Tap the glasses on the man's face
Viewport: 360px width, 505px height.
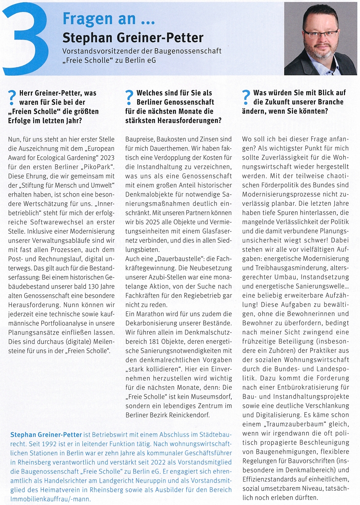point(320,34)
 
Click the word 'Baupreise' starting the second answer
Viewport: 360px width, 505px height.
point(139,139)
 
